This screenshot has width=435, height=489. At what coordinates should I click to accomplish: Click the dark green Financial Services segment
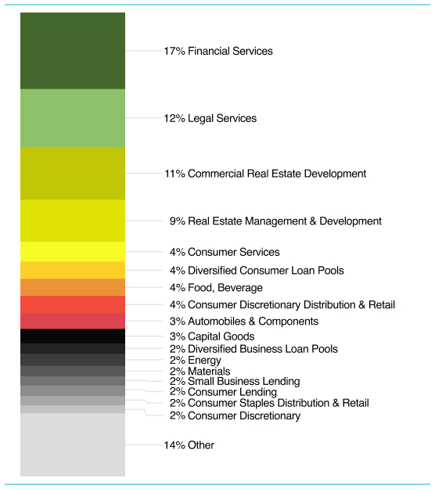click(73, 51)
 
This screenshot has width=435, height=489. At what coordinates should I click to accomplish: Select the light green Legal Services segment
click(73, 118)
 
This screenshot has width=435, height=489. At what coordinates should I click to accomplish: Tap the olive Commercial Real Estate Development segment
click(73, 174)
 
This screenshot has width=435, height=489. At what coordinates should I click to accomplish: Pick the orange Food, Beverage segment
click(73, 287)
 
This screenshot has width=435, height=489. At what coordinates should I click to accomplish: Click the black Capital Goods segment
click(73, 336)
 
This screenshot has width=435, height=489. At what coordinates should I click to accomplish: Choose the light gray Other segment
click(73, 444)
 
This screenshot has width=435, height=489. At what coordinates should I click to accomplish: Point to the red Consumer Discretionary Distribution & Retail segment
click(73, 304)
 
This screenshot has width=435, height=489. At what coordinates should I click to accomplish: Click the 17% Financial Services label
click(218, 51)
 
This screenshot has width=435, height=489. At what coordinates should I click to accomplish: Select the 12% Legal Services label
click(210, 118)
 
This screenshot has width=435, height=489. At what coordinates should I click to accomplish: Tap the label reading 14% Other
click(189, 445)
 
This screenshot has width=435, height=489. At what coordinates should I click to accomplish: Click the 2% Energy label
click(196, 361)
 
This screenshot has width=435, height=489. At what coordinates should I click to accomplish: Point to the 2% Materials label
click(200, 372)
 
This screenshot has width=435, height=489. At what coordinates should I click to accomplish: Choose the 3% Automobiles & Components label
click(244, 322)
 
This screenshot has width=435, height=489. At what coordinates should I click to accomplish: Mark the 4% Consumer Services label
click(225, 252)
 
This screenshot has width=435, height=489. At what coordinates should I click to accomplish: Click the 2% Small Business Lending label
click(235, 381)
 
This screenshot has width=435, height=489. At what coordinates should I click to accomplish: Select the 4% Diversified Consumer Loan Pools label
click(257, 271)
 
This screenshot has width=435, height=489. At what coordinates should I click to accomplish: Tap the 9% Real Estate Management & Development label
click(275, 221)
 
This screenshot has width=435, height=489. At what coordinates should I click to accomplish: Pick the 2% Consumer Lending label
click(223, 392)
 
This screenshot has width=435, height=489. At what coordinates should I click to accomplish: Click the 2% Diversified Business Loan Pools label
click(253, 349)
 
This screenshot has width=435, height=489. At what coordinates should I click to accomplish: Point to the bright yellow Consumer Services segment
click(73, 252)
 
